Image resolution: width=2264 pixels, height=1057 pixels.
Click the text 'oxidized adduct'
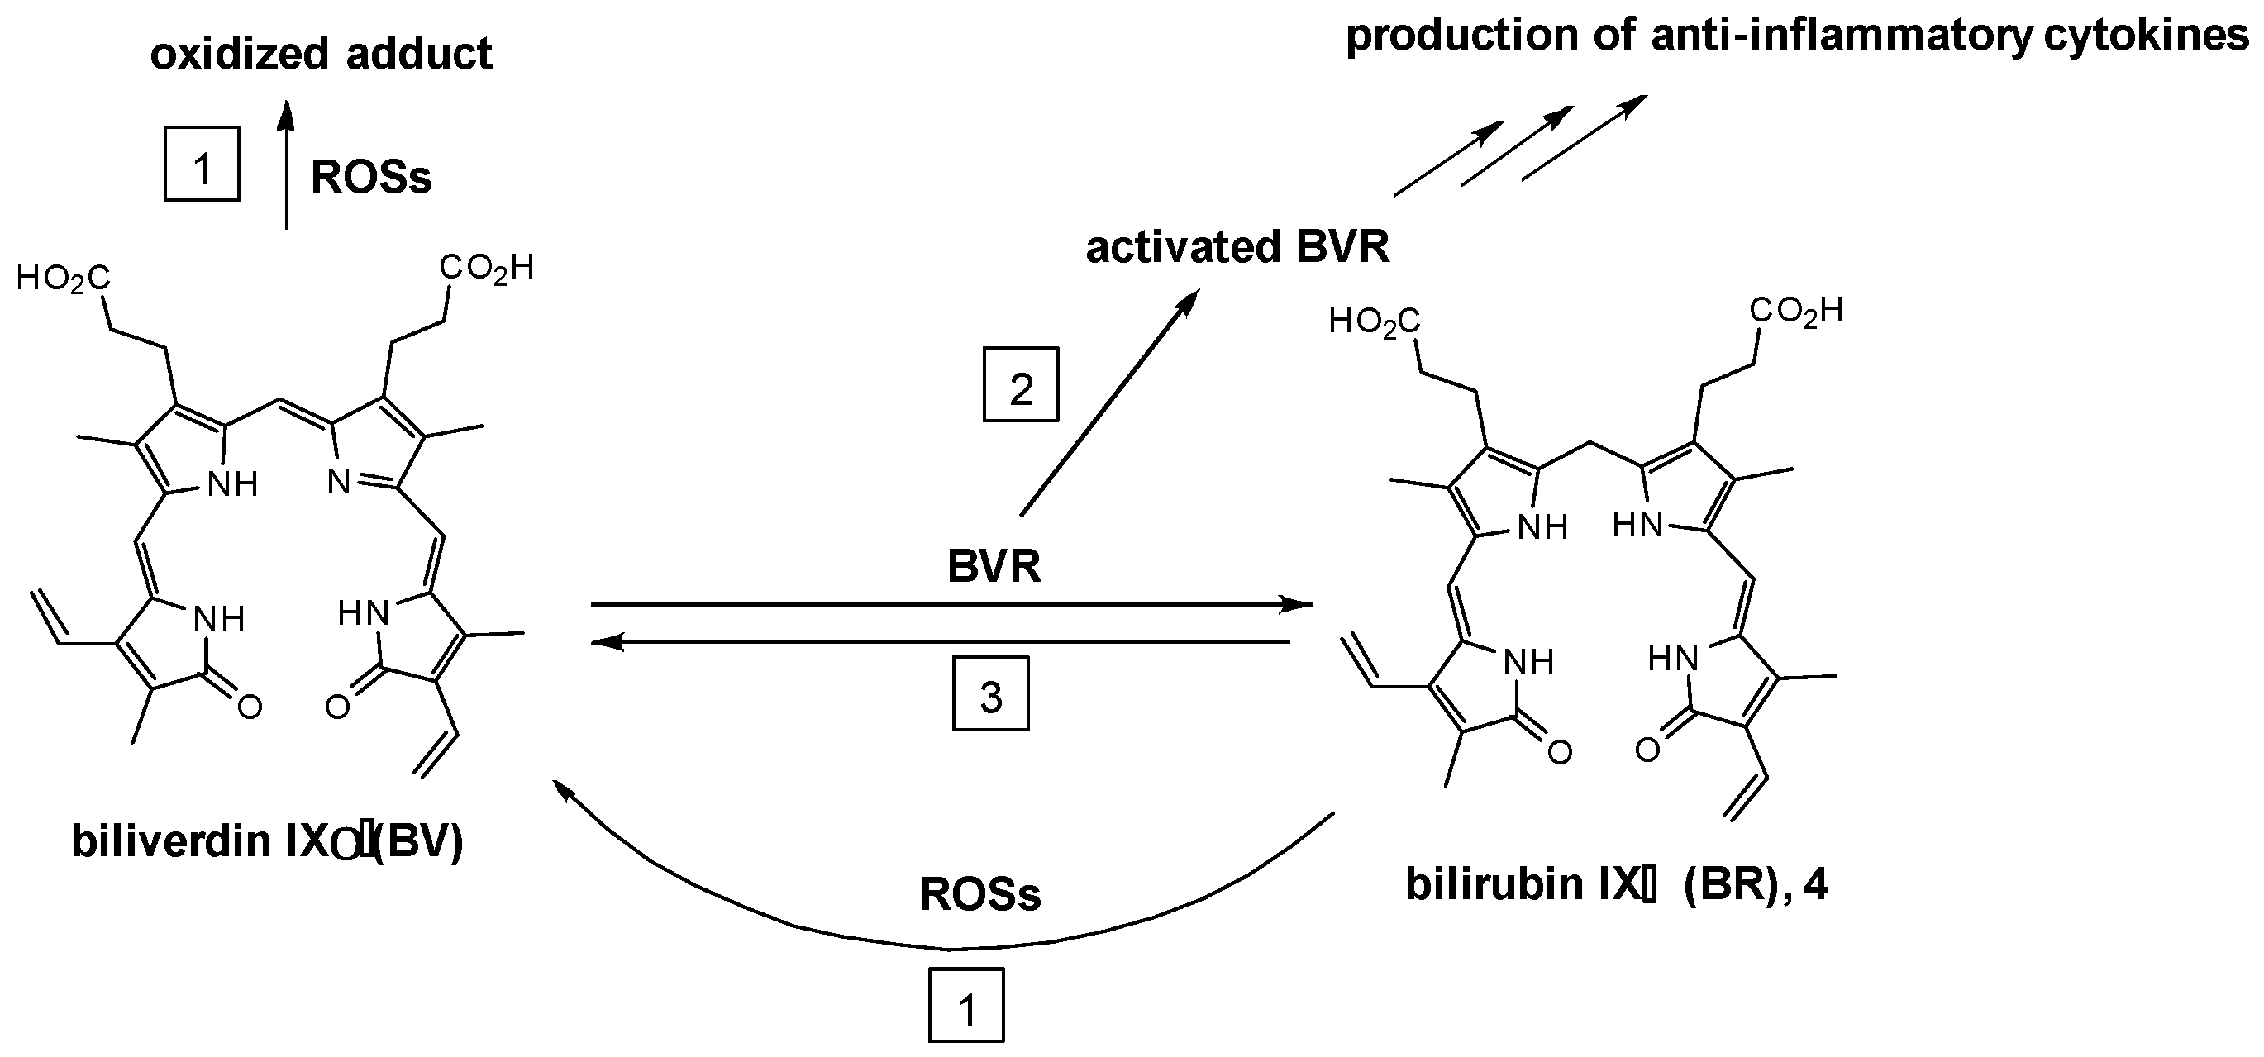pyautogui.click(x=321, y=55)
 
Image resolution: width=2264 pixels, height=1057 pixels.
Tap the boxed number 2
pyautogui.click(x=1020, y=386)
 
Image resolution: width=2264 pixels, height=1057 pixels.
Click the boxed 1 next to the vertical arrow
pyautogui.click(x=203, y=164)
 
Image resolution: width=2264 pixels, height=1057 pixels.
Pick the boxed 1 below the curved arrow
pyautogui.click(x=966, y=1006)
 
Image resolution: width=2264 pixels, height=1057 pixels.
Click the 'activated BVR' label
pyautogui.click(x=1237, y=248)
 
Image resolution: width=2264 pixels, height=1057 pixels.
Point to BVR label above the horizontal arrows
pyautogui.click(x=994, y=567)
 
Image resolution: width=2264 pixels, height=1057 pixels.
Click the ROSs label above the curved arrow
pyautogui.click(x=980, y=894)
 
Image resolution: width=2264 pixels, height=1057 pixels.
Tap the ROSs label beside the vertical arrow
pyautogui.click(x=371, y=178)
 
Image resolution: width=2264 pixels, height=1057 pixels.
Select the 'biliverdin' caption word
pyautogui.click(x=170, y=840)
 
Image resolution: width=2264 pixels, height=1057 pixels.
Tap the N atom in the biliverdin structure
pyautogui.click(x=339, y=483)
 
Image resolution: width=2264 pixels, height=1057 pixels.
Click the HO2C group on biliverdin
pyautogui.click(x=64, y=279)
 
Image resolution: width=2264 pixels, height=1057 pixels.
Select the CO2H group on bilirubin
pyautogui.click(x=1795, y=311)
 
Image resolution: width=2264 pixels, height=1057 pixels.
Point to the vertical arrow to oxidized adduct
pyautogui.click(x=286, y=167)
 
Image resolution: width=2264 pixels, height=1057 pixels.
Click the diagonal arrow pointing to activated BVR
pyautogui.click(x=1109, y=404)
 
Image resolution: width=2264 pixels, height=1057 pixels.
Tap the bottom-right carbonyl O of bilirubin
pyautogui.click(x=1647, y=750)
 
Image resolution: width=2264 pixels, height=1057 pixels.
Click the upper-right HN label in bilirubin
pyautogui.click(x=1637, y=526)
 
